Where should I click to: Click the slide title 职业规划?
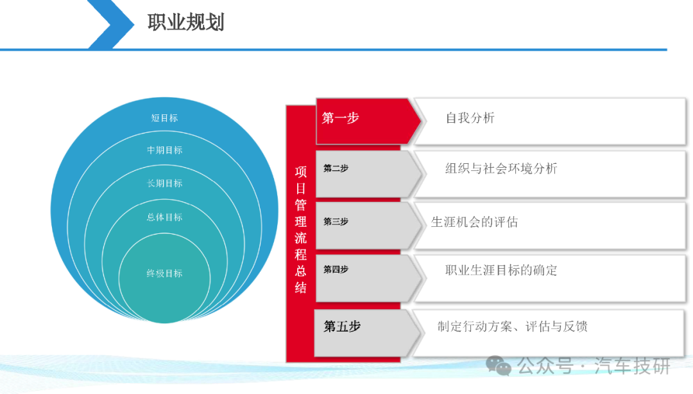(186, 22)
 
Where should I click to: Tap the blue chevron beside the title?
(110, 24)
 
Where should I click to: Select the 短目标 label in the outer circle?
(164, 118)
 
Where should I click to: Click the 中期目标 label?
(164, 150)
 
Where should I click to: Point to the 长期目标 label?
(164, 183)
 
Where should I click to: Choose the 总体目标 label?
(164, 217)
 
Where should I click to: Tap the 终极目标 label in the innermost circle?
(164, 274)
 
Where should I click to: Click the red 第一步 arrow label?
(340, 118)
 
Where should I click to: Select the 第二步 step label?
(336, 168)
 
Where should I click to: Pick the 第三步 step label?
(336, 221)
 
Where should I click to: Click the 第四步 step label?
(336, 269)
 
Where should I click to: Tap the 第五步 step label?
(342, 327)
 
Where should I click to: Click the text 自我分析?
(470, 118)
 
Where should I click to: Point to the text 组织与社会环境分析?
(501, 168)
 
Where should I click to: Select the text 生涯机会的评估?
(474, 222)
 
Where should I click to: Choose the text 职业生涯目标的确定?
(501, 270)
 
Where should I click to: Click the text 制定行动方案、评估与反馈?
(513, 327)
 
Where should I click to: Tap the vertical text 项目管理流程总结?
(300, 229)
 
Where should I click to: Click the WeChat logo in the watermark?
(499, 366)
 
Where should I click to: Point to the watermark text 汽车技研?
(632, 366)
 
